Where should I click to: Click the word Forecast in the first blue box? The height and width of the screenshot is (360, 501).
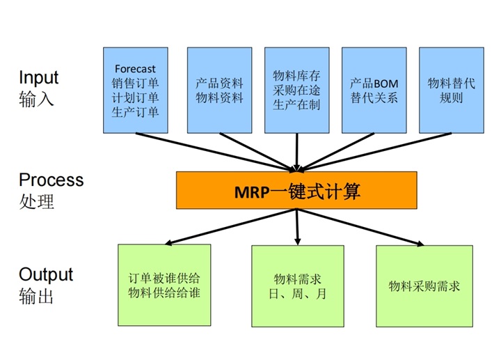point(135,69)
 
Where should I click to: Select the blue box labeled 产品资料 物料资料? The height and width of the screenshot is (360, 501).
point(219,90)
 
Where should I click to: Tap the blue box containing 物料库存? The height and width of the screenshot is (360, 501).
point(297,90)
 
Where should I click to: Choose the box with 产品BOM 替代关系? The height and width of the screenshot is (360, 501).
point(374,90)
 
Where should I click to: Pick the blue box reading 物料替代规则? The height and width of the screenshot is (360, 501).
point(452,90)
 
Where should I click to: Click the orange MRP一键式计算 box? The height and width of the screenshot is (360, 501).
point(296,190)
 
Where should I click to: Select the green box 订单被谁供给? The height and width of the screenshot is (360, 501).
point(164,285)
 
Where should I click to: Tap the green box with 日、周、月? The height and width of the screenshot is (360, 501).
point(298,286)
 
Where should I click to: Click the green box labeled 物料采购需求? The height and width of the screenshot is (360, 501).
point(424,286)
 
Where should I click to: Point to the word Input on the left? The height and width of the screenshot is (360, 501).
point(39,78)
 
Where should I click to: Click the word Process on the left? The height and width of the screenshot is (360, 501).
point(51,180)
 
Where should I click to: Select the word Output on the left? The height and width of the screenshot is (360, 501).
point(46,274)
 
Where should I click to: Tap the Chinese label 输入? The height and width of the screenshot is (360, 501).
point(36,99)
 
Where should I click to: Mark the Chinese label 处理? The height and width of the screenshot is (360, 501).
point(36,201)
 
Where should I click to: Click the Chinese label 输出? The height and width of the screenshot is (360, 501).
point(36,296)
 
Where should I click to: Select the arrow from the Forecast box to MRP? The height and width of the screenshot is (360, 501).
point(216,152)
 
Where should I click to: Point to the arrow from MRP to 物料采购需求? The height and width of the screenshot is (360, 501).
point(360,227)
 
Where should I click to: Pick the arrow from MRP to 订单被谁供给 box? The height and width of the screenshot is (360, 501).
point(231,227)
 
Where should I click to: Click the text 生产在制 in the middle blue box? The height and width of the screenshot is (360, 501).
point(296,105)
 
